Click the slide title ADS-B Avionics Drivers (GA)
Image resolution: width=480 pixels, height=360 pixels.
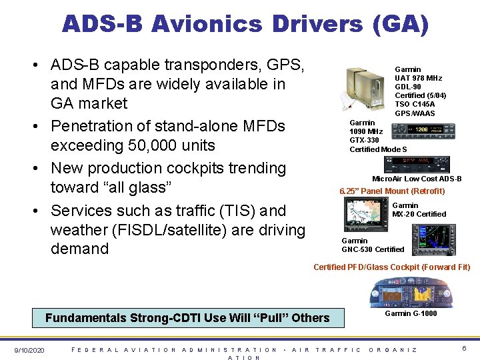coord(245,25)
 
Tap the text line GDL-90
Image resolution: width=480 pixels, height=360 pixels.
coord(407,87)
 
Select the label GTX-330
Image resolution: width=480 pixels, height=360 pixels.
coord(364,140)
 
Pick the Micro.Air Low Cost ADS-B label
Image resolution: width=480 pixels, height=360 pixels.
coord(417,179)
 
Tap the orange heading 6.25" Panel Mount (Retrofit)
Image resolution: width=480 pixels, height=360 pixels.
coord(392,191)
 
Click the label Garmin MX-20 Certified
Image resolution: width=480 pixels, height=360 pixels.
coord(419,210)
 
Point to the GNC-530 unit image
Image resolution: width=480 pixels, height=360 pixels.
coord(433,237)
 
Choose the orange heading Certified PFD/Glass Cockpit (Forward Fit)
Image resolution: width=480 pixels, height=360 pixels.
coord(391,267)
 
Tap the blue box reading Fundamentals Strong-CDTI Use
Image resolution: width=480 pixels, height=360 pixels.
coord(187,318)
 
